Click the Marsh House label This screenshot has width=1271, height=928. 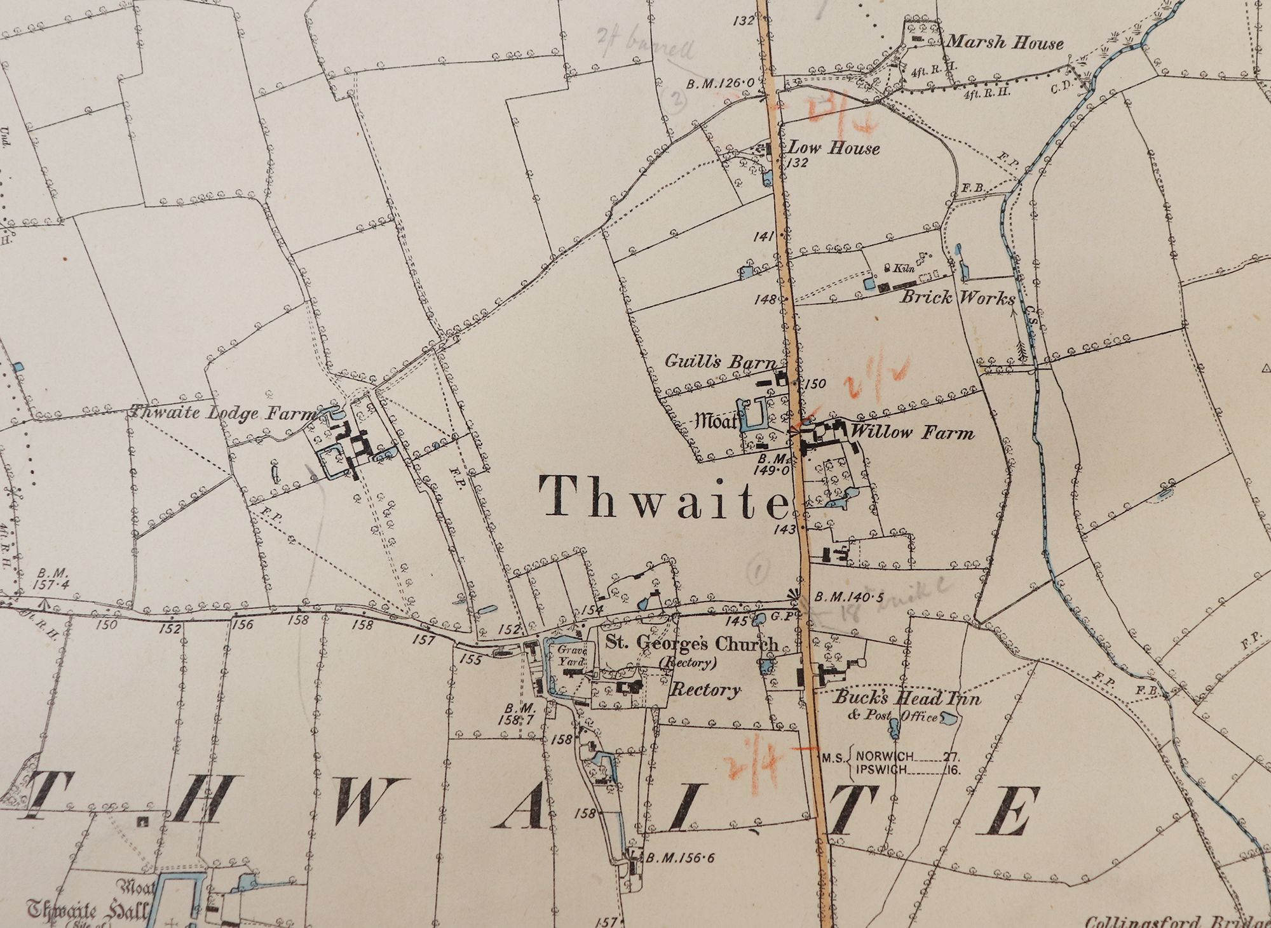pos(1005,43)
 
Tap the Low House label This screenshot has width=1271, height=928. pos(834,148)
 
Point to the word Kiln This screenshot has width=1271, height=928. pos(904,268)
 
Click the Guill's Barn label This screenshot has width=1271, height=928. pos(720,361)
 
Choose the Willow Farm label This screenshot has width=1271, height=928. pos(912,433)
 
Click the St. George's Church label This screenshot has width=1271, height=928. pos(691,643)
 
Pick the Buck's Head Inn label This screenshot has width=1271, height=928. pos(907,699)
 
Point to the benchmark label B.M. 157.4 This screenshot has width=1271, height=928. pos(52,579)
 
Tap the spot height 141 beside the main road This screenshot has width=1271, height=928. pos(763,236)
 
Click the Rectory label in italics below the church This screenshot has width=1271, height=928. pos(706,689)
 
